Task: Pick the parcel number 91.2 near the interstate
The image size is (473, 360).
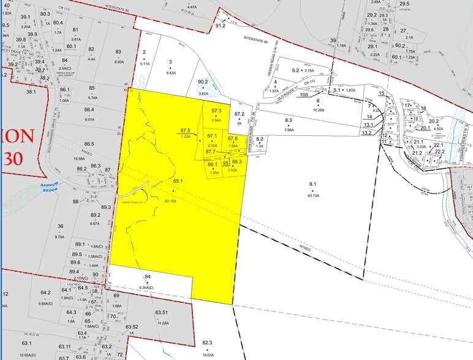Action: [221, 26]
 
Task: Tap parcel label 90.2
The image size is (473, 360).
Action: [203, 81]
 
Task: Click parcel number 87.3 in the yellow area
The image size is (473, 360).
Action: [216, 111]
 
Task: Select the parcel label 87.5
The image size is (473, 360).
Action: [186, 131]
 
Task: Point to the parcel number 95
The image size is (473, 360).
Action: [225, 163]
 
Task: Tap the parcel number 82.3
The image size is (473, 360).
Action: [207, 343]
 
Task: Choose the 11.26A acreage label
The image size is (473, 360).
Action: [162, 323]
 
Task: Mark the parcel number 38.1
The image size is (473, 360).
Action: [31, 92]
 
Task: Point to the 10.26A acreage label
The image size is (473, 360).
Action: [319, 110]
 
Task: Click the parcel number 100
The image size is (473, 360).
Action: [303, 95]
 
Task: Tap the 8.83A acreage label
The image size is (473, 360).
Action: [172, 73]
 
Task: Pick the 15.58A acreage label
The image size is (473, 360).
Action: [78, 159]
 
